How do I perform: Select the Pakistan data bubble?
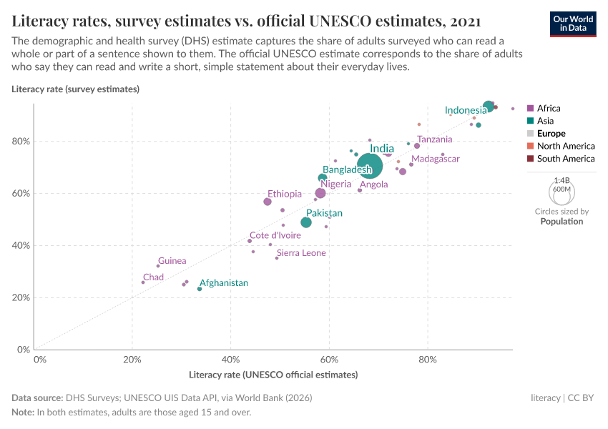pos(306,222)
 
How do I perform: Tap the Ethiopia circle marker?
pos(268,202)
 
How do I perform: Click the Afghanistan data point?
pos(200,289)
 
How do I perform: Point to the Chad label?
pos(153,277)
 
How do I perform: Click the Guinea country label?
pos(172,261)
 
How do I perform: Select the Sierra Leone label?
pos(301,253)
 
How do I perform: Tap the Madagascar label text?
pos(436,159)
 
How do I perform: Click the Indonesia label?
pos(466,110)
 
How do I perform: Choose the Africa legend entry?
pos(548,109)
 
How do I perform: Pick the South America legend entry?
pos(565,159)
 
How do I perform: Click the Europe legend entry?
pos(551,134)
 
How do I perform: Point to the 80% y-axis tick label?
pos(21,141)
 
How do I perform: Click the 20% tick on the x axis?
pos(132,358)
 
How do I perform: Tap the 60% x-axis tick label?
pos(329,358)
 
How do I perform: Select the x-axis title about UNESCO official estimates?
pos(273,375)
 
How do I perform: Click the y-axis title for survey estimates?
pos(75,89)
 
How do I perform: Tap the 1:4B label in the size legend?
pos(562,181)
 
